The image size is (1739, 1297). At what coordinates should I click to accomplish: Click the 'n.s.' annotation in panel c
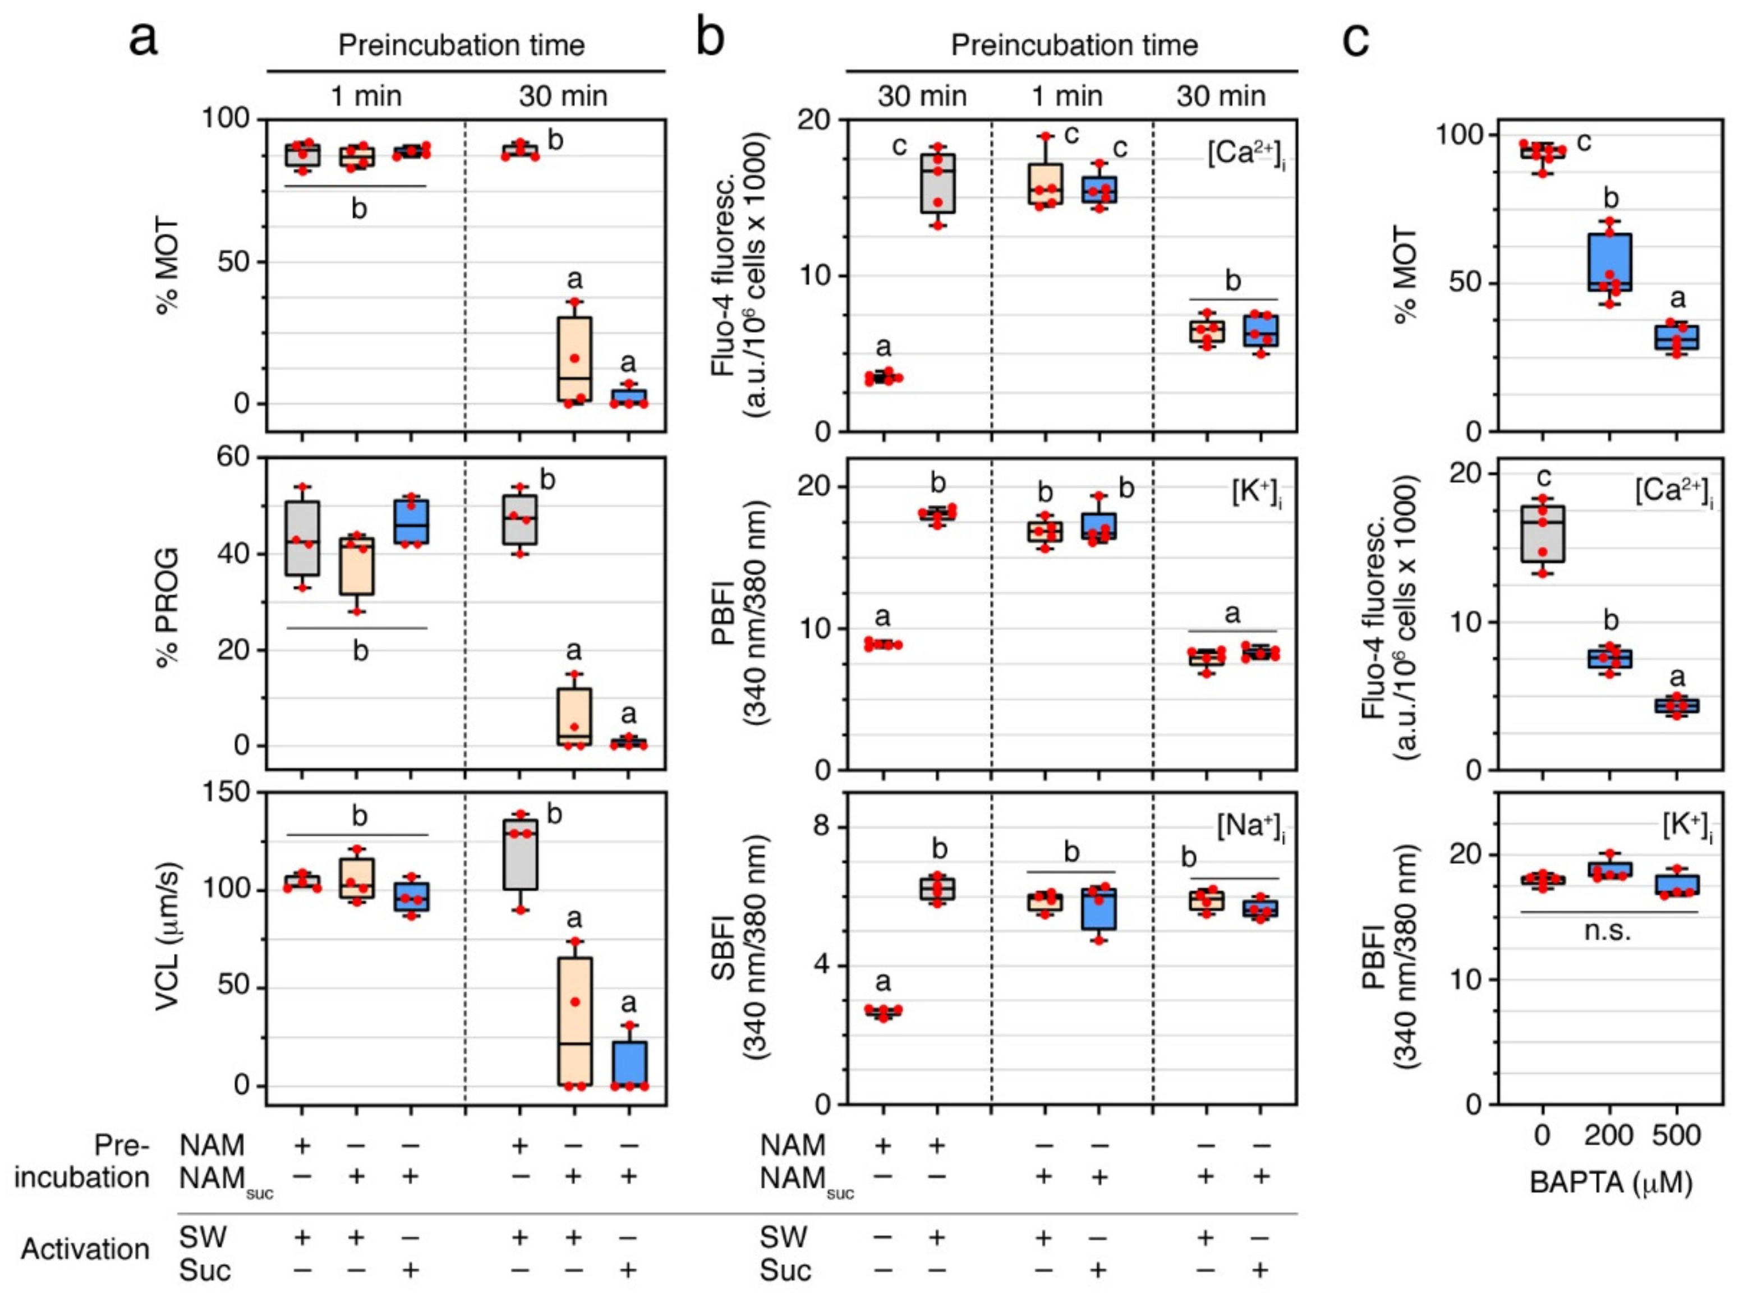[1609, 931]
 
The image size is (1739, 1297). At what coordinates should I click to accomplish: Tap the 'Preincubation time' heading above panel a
[462, 45]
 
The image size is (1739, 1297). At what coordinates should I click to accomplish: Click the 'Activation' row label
[85, 1248]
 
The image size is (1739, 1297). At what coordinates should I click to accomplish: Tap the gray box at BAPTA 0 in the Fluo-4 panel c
[1543, 534]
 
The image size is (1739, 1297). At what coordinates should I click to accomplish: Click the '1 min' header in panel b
[1066, 96]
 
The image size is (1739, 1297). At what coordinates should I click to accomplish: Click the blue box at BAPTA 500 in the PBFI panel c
[1676, 885]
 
